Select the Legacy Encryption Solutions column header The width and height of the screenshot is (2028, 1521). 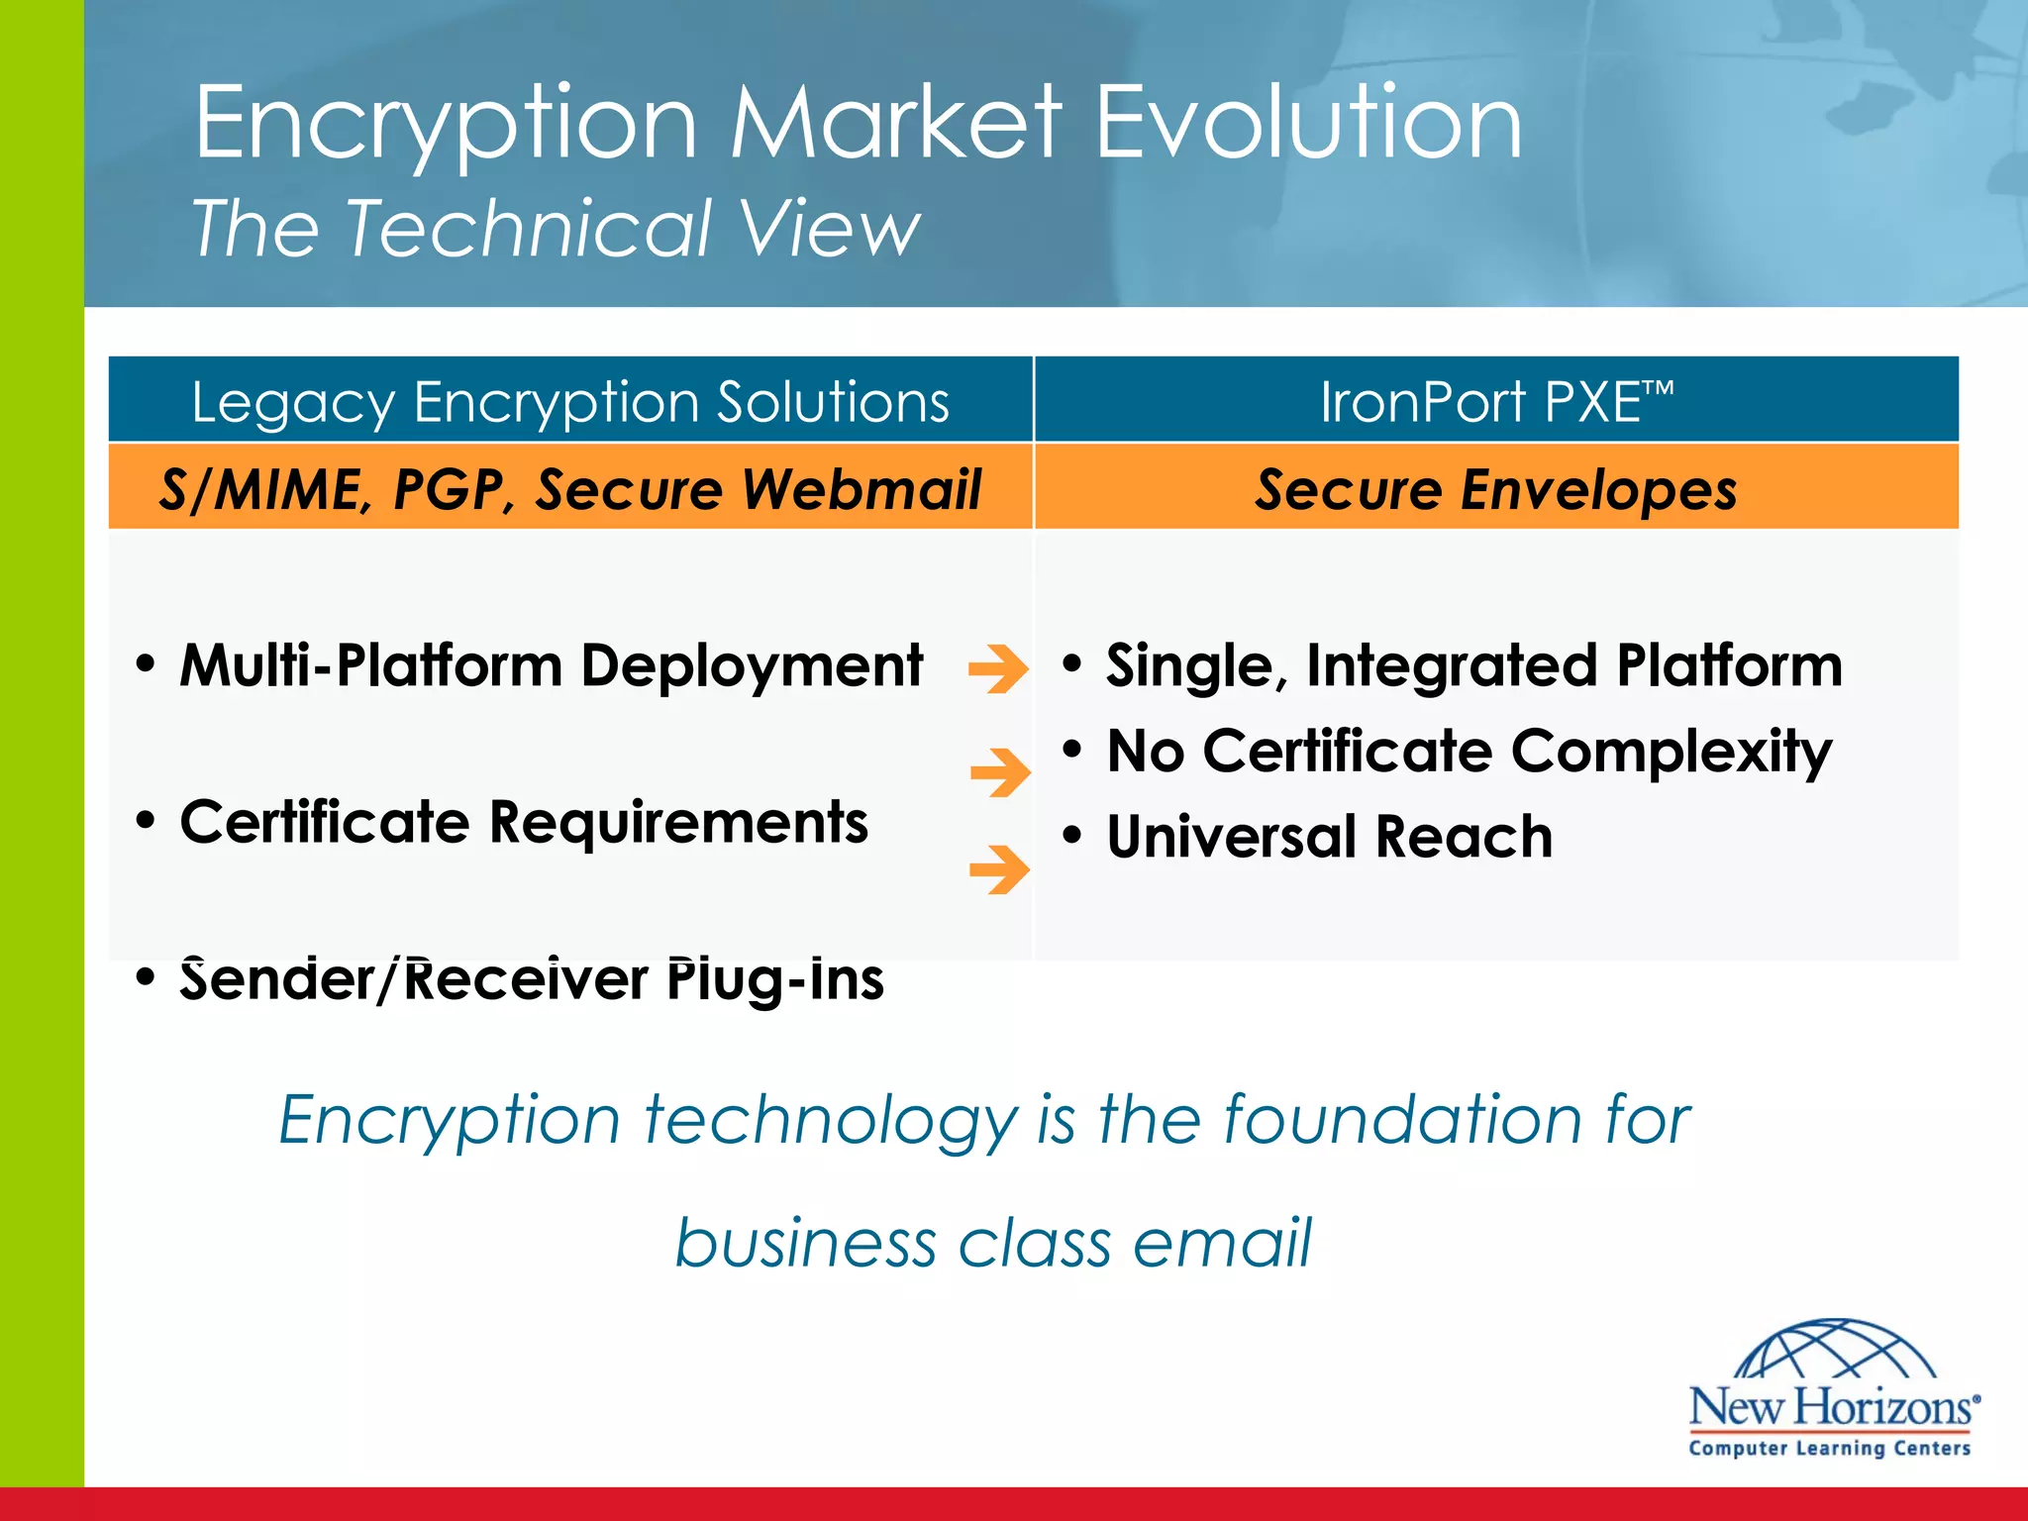570,402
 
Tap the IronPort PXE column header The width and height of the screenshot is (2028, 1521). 1495,402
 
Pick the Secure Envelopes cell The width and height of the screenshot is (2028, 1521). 1495,489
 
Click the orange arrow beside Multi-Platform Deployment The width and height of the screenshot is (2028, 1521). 998,668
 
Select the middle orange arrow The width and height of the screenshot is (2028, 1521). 1000,771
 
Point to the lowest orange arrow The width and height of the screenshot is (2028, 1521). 999,868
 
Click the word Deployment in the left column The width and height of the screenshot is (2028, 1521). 752,665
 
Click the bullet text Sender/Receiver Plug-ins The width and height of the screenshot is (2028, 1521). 532,979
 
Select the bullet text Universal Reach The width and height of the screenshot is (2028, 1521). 1329,837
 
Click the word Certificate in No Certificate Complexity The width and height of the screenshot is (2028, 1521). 1348,751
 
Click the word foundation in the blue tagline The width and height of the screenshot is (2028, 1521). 1401,1119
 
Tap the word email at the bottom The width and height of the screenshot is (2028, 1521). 1222,1242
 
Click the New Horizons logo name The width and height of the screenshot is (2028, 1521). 1832,1406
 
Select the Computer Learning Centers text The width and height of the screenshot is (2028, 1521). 1830,1448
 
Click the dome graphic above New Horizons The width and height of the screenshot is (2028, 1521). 1835,1349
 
